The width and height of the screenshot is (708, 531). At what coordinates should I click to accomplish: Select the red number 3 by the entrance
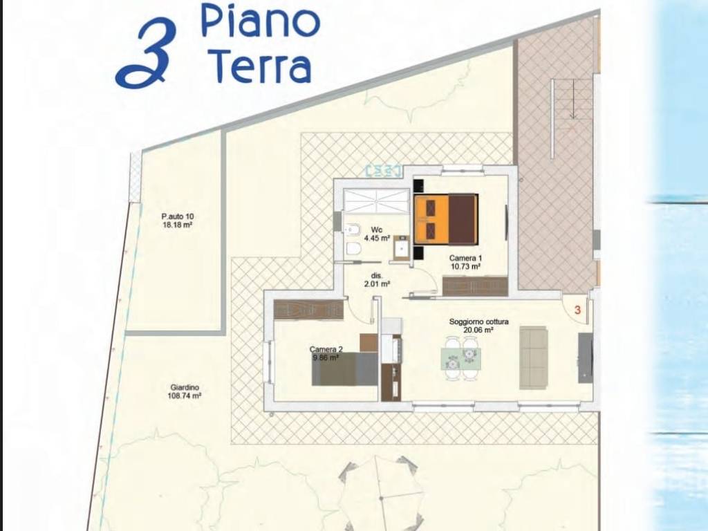point(577,310)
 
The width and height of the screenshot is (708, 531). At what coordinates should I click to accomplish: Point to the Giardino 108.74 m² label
point(185,392)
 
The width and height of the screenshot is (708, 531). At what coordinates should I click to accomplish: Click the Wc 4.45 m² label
point(377,234)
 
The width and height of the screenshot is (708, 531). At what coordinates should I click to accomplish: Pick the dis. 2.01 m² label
point(377,279)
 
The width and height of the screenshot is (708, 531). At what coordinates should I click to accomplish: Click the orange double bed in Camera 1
point(446,219)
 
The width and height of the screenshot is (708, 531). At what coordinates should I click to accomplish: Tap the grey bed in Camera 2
point(344,369)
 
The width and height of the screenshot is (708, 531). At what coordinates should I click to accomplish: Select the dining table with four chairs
point(460,357)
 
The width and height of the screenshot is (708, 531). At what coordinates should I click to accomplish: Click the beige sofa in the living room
point(533,357)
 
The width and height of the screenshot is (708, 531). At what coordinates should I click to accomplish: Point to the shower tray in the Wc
point(376,200)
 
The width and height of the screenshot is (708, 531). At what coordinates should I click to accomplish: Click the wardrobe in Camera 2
point(308,310)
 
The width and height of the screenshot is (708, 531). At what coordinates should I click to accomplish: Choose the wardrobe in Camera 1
point(475,286)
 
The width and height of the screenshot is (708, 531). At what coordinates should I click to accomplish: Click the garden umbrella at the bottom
point(382,494)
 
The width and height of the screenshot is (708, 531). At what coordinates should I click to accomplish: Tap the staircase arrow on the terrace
point(573,100)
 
